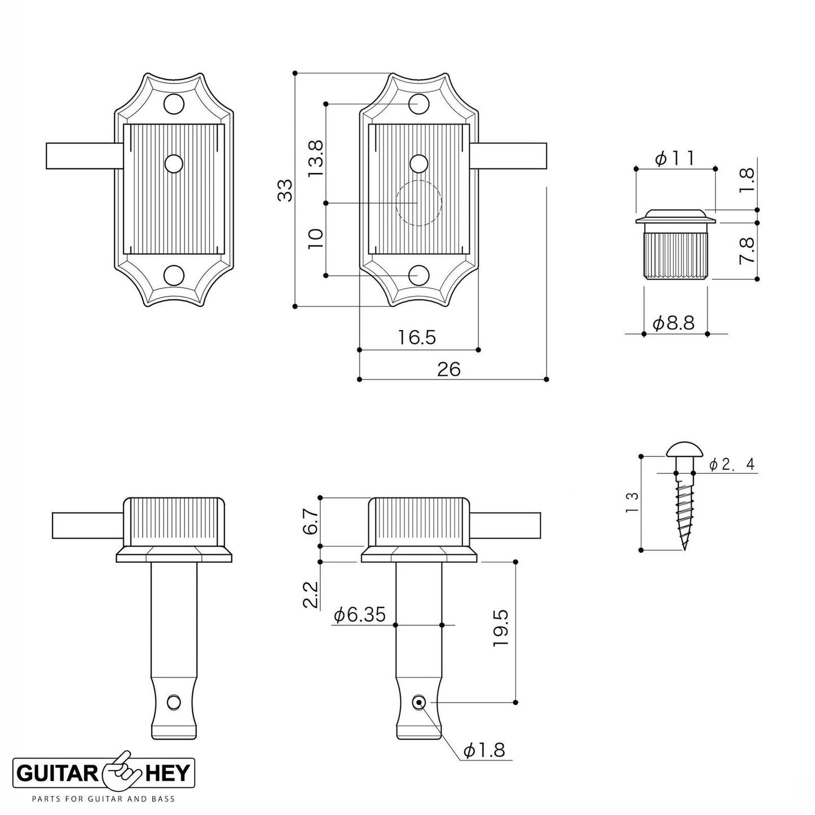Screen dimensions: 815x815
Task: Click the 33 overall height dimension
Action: (287, 190)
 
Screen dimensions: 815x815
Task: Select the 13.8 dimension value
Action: (316, 159)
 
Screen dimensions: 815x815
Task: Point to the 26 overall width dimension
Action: (449, 369)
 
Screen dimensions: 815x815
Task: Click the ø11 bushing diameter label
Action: (675, 158)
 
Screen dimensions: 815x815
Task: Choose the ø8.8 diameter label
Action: (673, 323)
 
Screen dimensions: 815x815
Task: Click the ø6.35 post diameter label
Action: (360, 614)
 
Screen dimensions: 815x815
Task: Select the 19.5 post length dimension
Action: (501, 628)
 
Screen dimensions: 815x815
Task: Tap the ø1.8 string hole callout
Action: (483, 750)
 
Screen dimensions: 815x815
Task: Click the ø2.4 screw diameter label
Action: (732, 464)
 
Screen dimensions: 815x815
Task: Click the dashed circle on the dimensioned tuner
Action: (418, 203)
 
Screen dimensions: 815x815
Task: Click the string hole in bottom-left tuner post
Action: (174, 702)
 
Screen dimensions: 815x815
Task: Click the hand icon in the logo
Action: (120, 770)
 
